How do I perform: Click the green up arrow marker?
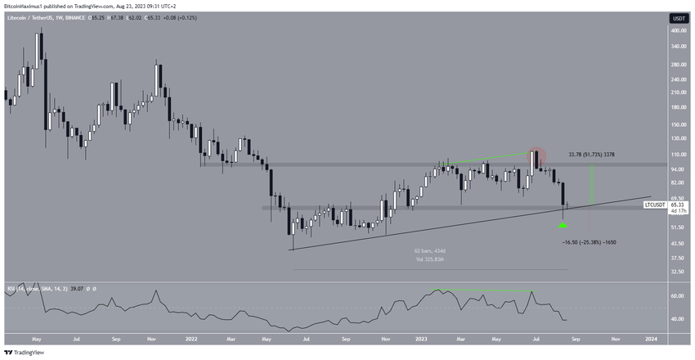tap(563, 223)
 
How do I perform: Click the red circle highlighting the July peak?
tap(536, 155)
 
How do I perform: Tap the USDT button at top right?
tap(678, 18)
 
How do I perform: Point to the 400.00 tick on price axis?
tap(677, 30)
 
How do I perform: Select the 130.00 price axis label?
tap(677, 138)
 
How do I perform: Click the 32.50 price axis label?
tap(676, 271)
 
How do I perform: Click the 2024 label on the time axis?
tap(651, 337)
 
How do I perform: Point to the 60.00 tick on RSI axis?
tap(677, 296)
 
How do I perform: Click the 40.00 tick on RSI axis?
tap(677, 319)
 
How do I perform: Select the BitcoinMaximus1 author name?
tap(27, 4)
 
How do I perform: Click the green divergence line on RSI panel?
tap(487, 290)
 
